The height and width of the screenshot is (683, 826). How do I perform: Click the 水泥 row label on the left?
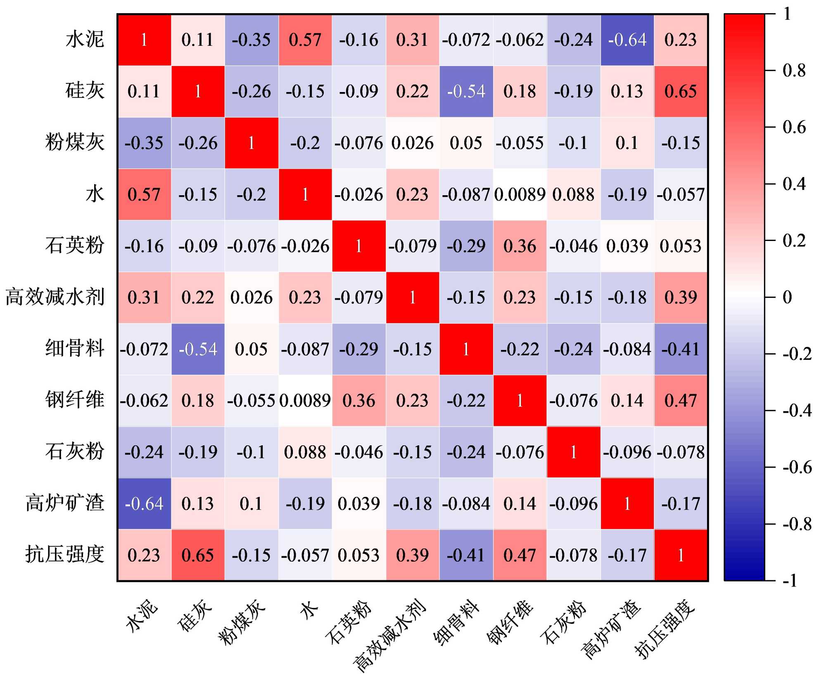(x=85, y=40)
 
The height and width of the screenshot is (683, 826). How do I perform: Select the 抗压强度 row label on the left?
(x=65, y=554)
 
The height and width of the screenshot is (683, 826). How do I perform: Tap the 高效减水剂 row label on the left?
(x=55, y=297)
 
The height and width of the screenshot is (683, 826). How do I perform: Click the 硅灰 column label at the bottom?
(x=195, y=615)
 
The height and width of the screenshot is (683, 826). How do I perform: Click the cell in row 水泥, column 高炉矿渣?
(x=627, y=40)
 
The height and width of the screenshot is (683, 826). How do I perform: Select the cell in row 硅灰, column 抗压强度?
(x=681, y=91)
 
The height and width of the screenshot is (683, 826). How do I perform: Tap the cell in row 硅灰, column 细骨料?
(x=466, y=91)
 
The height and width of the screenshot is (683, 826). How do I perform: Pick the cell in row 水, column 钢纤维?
(x=520, y=194)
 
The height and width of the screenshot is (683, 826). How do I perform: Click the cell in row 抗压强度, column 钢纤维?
(x=520, y=555)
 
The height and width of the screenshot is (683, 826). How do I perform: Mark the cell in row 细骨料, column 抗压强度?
(x=681, y=349)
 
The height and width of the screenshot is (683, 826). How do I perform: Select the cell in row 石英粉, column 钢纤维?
(x=520, y=246)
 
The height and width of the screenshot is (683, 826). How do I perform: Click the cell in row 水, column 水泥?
(x=144, y=194)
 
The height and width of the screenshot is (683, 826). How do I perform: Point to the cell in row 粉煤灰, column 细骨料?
(x=466, y=143)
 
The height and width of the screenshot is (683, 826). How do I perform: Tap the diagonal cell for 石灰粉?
(x=573, y=452)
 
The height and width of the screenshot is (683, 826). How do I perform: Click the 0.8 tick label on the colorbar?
(x=794, y=71)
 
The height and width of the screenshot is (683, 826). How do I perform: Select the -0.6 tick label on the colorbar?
(x=797, y=468)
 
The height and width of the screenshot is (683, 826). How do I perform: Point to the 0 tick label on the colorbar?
(x=787, y=297)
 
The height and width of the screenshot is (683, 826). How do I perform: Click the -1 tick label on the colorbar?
(x=790, y=581)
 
